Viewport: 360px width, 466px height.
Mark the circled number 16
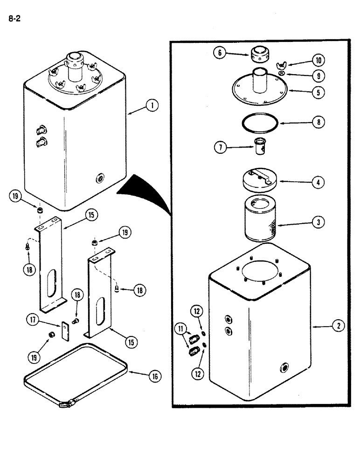point(153,377)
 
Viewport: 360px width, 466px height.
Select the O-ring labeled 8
point(259,123)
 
